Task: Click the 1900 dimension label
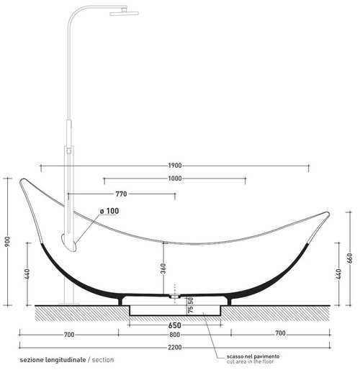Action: pos(175,166)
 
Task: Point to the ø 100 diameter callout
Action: pos(109,211)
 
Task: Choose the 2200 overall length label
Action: pos(175,347)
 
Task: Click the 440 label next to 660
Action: pos(338,274)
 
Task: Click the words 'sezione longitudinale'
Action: pos(52,358)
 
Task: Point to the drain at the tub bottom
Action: pos(175,295)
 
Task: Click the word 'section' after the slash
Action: pos(102,358)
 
